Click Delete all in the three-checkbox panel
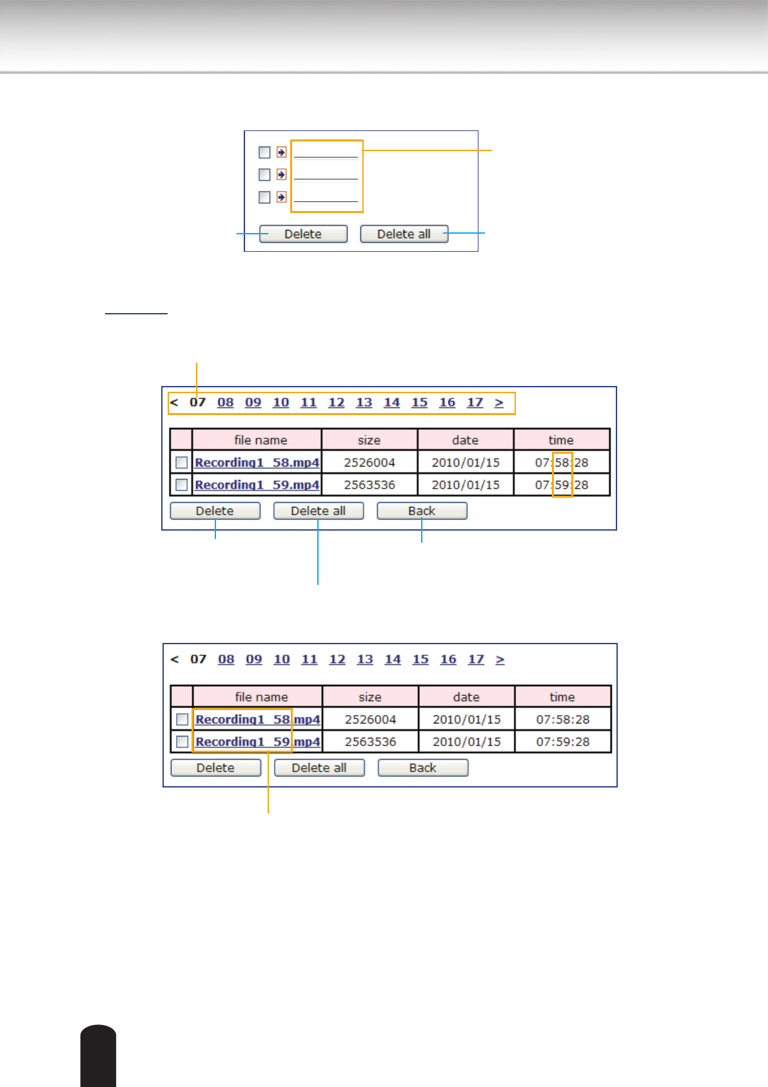tap(404, 234)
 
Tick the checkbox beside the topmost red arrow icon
tap(264, 152)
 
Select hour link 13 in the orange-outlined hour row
tap(364, 402)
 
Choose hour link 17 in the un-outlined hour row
tap(476, 659)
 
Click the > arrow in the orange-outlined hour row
tap(499, 402)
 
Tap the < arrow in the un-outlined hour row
tap(175, 659)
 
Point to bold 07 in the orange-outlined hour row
tap(197, 402)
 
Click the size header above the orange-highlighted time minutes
tap(369, 440)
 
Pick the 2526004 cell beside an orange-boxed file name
tap(370, 719)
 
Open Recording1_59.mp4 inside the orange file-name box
tap(257, 742)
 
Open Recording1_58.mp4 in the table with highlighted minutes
tap(257, 462)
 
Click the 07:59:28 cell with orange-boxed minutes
tap(562, 485)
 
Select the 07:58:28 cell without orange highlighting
tap(562, 719)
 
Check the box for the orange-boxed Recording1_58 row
tap(182, 719)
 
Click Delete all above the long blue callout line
tap(318, 511)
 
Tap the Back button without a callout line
tap(422, 767)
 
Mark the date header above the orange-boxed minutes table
tap(465, 440)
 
